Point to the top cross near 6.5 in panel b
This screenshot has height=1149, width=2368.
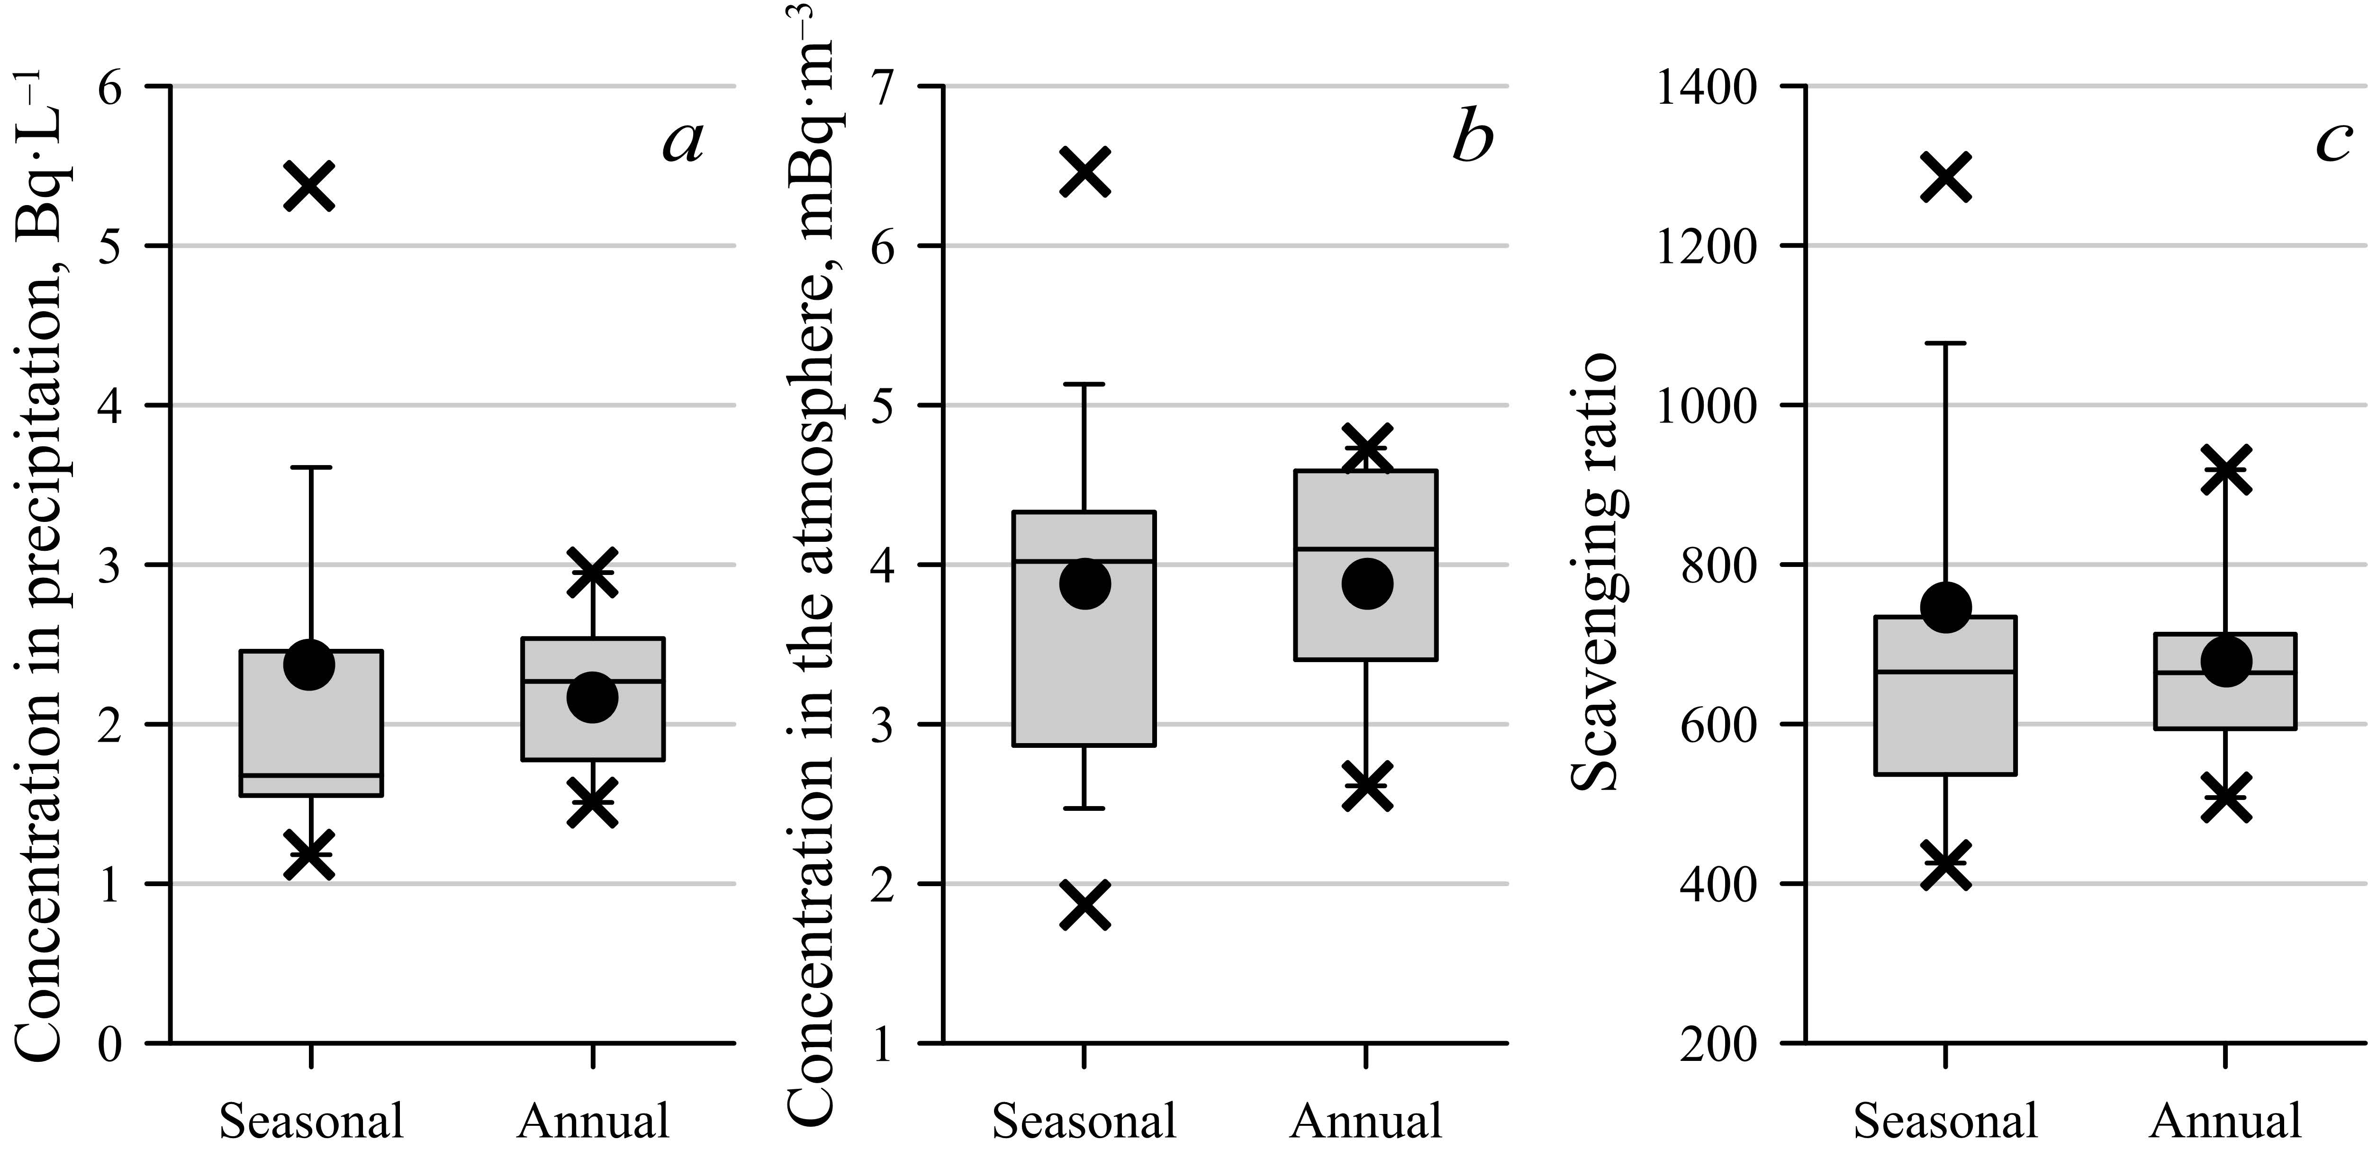(x=1085, y=171)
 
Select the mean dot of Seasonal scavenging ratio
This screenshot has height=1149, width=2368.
(x=1946, y=607)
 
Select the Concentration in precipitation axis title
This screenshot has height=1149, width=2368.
(x=41, y=570)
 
